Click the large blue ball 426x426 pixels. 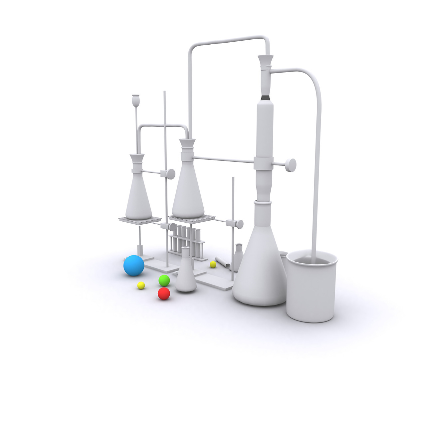click(134, 265)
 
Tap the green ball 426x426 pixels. click(164, 281)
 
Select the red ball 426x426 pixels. click(164, 294)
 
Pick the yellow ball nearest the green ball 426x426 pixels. click(141, 285)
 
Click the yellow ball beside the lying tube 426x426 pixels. click(213, 265)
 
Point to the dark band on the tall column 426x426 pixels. click(265, 98)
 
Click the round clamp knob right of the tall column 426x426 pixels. click(291, 165)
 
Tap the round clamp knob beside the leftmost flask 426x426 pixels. click(171, 174)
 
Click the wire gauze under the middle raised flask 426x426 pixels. click(191, 218)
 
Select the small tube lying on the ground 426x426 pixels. click(222, 262)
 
